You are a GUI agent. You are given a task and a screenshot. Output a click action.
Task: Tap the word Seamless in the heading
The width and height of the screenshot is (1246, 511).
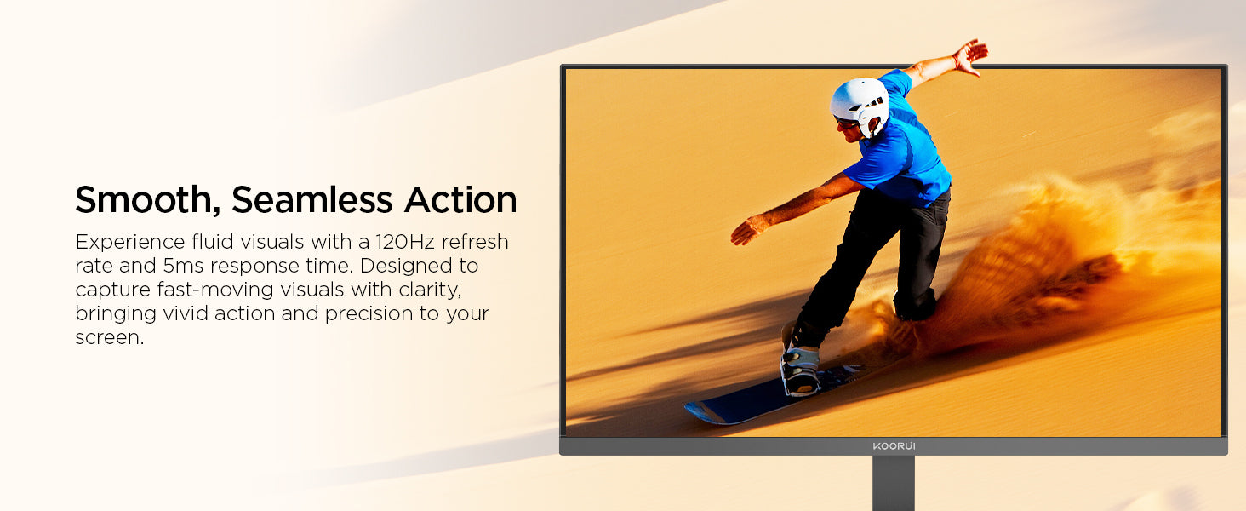pos(312,199)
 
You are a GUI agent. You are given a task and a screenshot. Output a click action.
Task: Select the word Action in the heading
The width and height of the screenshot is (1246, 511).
pos(460,199)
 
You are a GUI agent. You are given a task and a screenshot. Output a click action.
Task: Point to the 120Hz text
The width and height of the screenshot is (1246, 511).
pos(405,242)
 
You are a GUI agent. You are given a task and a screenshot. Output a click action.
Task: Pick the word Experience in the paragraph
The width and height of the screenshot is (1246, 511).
pos(130,242)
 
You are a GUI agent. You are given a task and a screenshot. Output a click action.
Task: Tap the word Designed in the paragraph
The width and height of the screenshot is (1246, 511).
pos(406,266)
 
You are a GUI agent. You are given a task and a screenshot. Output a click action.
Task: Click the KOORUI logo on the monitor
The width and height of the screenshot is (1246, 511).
pos(894,446)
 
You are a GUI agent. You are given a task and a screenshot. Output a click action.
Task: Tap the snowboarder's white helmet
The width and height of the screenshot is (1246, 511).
pos(860,106)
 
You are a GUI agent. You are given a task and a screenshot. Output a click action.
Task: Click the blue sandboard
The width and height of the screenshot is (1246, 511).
pos(773,396)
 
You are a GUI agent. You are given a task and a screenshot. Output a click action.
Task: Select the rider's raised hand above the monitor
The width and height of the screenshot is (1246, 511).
pos(969,56)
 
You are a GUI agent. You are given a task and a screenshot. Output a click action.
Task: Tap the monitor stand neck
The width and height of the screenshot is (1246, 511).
pos(894,483)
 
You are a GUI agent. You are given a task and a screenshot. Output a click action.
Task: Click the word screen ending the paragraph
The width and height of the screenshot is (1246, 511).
pos(109,338)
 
